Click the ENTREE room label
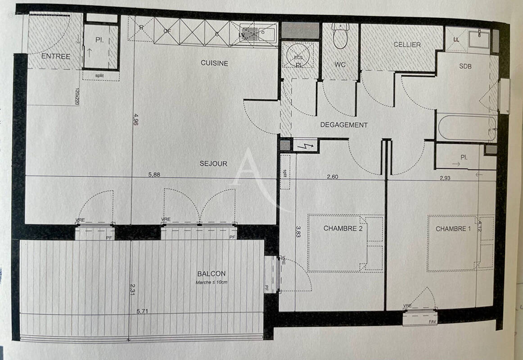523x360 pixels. pyautogui.click(x=56, y=57)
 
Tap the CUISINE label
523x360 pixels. pyautogui.click(x=214, y=63)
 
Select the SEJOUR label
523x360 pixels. pyautogui.click(x=213, y=164)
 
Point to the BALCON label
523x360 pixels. pyautogui.click(x=211, y=274)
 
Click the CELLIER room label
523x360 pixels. pyautogui.click(x=407, y=45)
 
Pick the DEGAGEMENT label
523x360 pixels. pyautogui.click(x=344, y=125)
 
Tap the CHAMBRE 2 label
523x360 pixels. pyautogui.click(x=343, y=229)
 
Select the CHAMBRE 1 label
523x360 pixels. pyautogui.click(x=453, y=229)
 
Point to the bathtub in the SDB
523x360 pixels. pyautogui.click(x=466, y=128)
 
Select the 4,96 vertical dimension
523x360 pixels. pyautogui.click(x=135, y=121)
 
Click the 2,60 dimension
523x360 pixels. pyautogui.click(x=332, y=177)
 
